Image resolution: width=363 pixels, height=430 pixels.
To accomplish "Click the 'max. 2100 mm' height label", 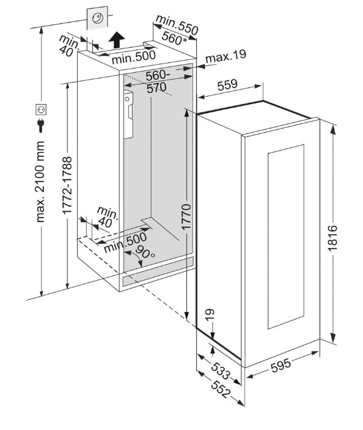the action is click(x=40, y=182).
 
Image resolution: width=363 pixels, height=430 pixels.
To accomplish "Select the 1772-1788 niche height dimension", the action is click(x=67, y=185).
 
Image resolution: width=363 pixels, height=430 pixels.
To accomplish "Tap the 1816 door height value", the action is click(x=332, y=238).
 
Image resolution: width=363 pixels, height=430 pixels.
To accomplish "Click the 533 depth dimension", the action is click(x=221, y=371).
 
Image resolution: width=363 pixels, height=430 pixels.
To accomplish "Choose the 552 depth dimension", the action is click(x=221, y=389).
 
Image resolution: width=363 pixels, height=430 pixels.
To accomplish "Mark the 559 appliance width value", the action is click(x=227, y=85).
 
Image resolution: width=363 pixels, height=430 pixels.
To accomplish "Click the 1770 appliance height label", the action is click(x=186, y=217).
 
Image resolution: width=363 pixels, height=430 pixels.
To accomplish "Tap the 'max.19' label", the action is click(x=226, y=56).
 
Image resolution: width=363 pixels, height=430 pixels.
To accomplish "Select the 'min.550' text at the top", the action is click(x=177, y=24).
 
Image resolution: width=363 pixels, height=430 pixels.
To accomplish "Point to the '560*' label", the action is click(x=174, y=39).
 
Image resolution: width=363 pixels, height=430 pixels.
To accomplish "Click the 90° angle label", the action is click(x=144, y=251).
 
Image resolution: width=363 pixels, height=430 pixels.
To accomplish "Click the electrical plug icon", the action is click(x=41, y=125).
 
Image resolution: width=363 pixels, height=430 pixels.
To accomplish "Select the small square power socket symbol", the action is click(x=41, y=109).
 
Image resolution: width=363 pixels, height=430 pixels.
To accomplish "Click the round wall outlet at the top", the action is click(x=97, y=18).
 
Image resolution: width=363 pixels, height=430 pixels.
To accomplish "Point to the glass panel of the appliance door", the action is click(x=286, y=236).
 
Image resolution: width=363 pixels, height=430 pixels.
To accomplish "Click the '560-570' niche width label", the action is click(x=156, y=81).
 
